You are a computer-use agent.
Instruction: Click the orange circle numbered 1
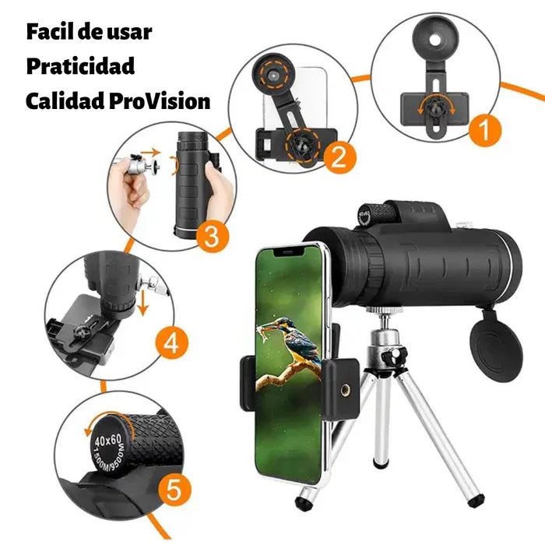point(485,131)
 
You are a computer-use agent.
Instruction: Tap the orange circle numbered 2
point(340,158)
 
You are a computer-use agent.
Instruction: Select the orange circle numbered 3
point(212,237)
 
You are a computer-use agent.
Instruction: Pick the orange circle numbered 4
point(171,344)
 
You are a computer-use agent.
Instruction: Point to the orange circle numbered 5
point(174,490)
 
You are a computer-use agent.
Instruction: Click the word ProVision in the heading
point(160,101)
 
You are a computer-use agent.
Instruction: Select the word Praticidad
point(81,66)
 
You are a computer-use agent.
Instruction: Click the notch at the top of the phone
point(289,251)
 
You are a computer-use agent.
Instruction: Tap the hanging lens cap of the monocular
point(496,351)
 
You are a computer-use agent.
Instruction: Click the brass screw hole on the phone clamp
point(345,390)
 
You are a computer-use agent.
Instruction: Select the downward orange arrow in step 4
point(142,304)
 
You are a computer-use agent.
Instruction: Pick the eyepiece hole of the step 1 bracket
point(434,40)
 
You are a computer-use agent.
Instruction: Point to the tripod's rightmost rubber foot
point(476,500)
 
